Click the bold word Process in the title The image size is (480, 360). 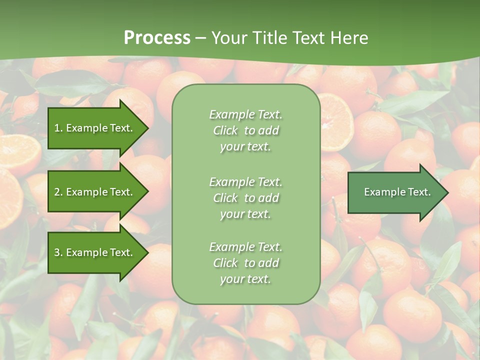[x=157, y=38]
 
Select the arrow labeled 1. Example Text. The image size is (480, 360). [x=95, y=128]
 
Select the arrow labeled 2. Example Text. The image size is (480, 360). [x=95, y=192]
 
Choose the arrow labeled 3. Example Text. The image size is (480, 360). [x=95, y=252]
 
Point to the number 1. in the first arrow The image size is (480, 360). [x=58, y=128]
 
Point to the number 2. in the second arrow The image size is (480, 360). [x=58, y=192]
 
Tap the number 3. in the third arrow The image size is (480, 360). [x=58, y=252]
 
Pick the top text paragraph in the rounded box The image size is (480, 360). [x=245, y=130]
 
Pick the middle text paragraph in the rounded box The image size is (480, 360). [x=245, y=198]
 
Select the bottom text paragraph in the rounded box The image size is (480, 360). [x=245, y=263]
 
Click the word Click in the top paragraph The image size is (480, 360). [x=225, y=131]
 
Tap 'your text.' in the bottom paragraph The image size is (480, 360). [x=245, y=279]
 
